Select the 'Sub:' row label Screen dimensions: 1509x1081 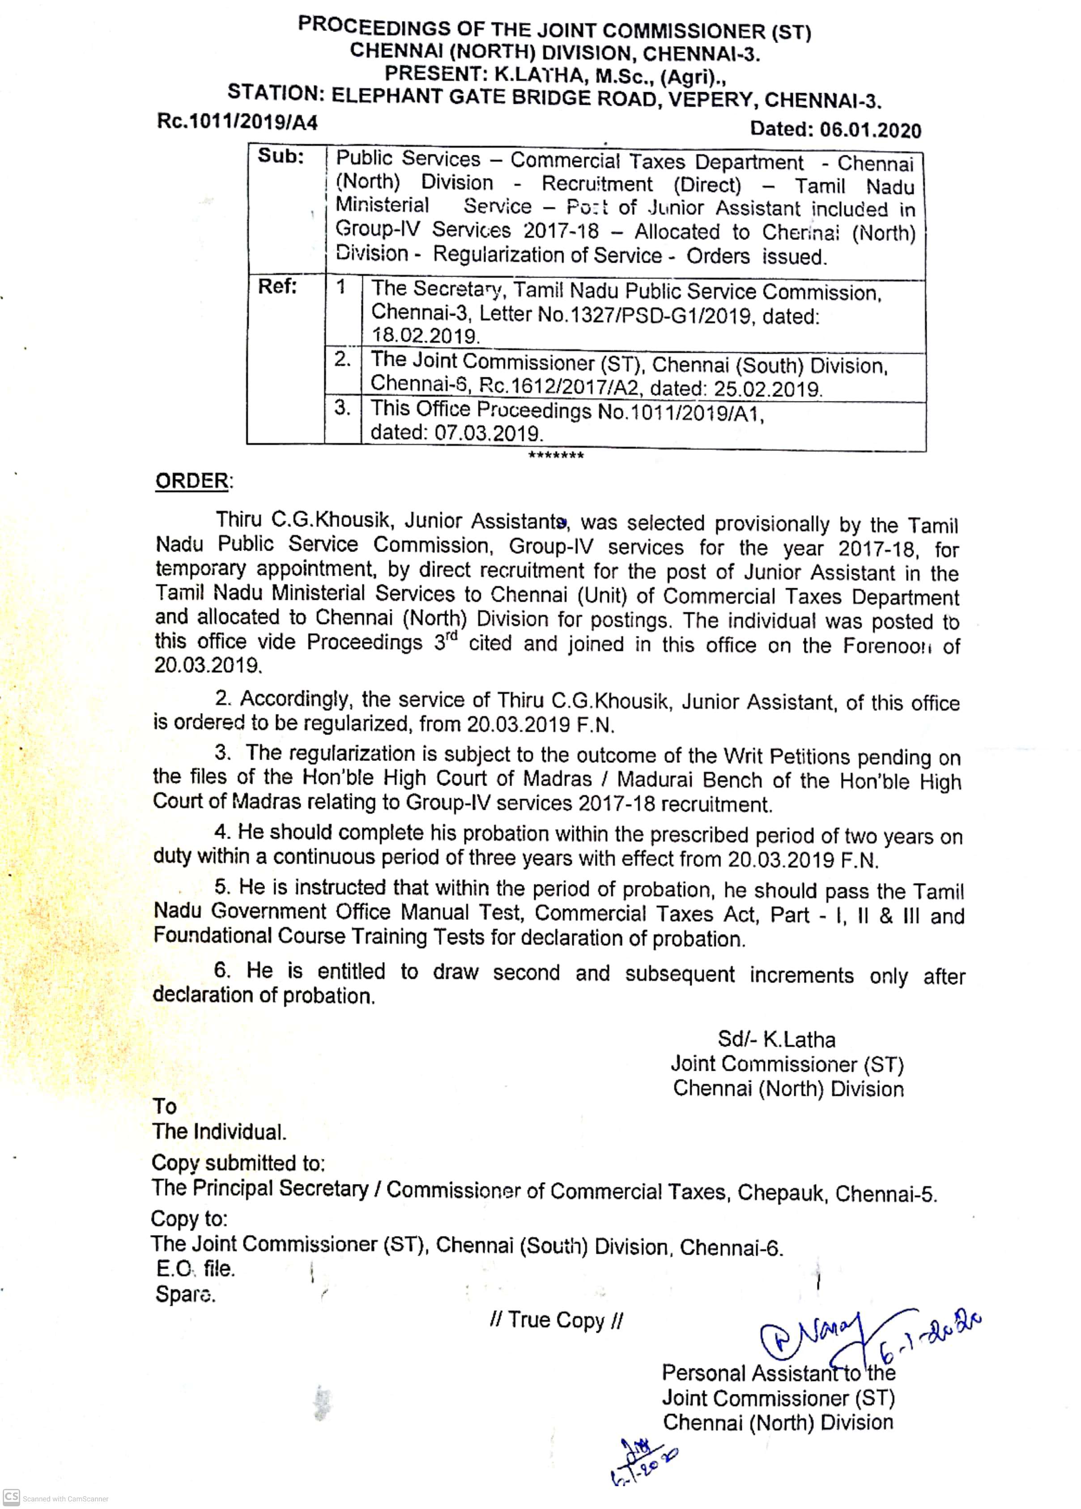[281, 157]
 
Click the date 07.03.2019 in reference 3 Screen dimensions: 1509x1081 [489, 434]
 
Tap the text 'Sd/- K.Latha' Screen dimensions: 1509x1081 [776, 1039]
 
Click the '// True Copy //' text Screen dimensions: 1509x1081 [556, 1320]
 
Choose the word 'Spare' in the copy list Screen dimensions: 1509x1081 [185, 1294]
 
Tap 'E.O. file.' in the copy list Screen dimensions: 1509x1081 [196, 1269]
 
